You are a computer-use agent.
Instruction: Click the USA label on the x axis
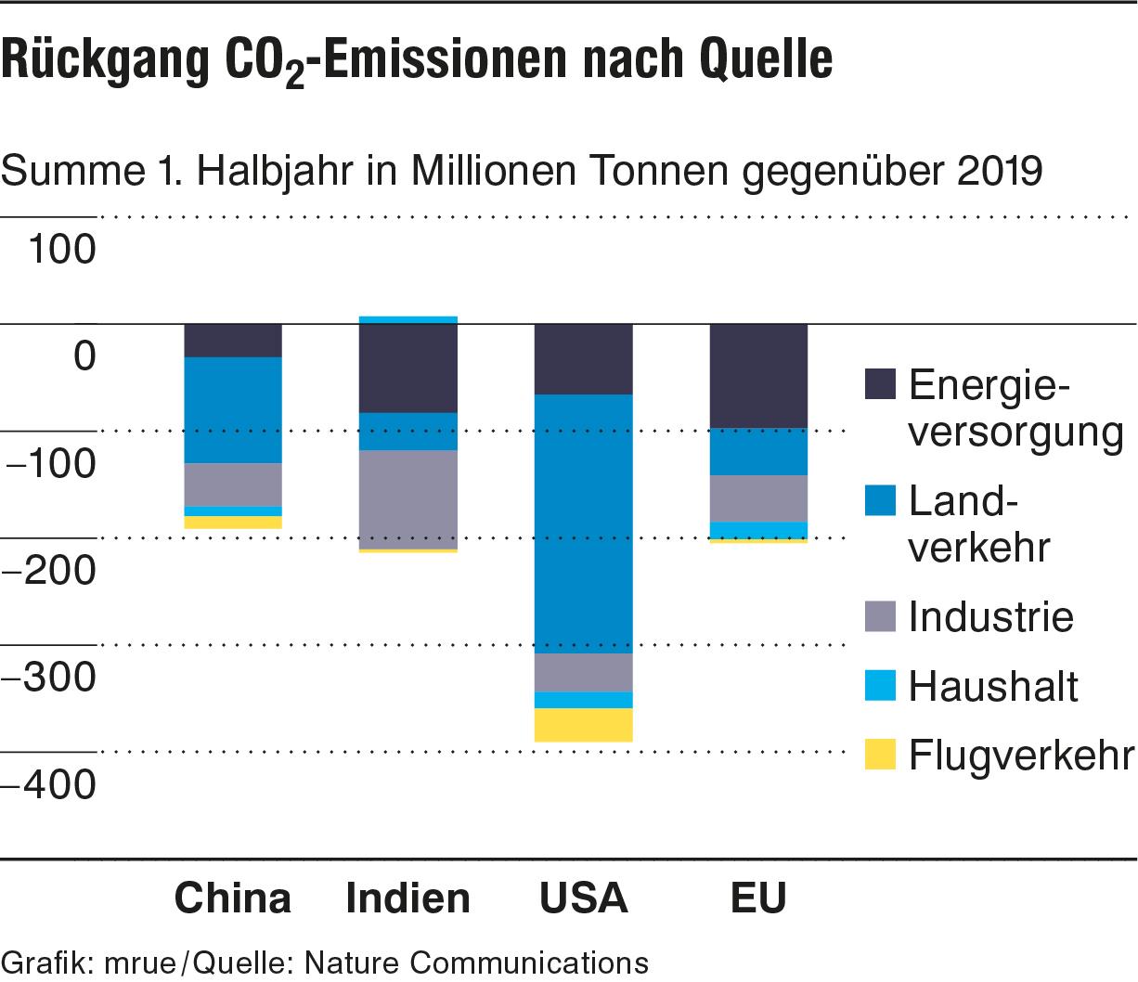(583, 898)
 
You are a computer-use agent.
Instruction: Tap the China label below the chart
(233, 898)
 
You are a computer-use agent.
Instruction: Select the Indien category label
(407, 898)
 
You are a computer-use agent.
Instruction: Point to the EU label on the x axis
(758, 898)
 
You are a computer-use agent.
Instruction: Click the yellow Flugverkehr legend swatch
(879, 755)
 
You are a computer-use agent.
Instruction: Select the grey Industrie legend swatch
(879, 616)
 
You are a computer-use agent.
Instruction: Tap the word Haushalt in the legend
(993, 687)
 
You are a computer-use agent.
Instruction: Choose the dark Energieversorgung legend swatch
(879, 384)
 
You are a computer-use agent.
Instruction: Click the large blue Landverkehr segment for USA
(583, 524)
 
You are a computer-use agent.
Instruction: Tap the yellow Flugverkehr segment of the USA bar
(583, 725)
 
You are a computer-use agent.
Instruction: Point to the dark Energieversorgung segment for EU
(758, 376)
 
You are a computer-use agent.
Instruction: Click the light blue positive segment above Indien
(407, 320)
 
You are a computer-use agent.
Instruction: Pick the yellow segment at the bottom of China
(233, 523)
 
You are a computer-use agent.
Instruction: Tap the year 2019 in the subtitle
(1002, 171)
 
